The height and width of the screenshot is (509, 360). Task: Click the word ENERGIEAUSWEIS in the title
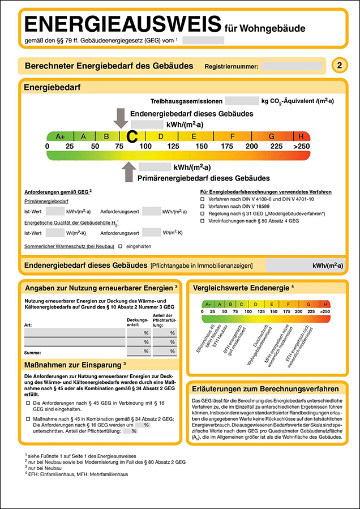(x=122, y=24)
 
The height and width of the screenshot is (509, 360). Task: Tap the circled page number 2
(x=339, y=66)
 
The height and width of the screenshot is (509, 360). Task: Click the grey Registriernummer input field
(x=292, y=66)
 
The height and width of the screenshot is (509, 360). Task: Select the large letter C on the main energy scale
(x=132, y=136)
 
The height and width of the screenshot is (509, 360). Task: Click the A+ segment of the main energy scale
(x=60, y=136)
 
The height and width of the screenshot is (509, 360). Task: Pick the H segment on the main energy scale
(x=301, y=136)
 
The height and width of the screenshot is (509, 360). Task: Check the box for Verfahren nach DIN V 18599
(x=202, y=207)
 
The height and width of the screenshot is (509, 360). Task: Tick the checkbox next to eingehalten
(x=120, y=246)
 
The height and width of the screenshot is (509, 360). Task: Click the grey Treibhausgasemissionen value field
(x=242, y=101)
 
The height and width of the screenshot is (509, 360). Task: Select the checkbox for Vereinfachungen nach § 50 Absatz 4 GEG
(x=202, y=221)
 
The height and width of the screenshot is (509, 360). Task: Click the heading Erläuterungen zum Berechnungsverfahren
(x=265, y=389)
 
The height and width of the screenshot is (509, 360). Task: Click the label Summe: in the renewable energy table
(x=32, y=352)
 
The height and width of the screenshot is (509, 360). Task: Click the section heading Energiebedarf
(x=52, y=87)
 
